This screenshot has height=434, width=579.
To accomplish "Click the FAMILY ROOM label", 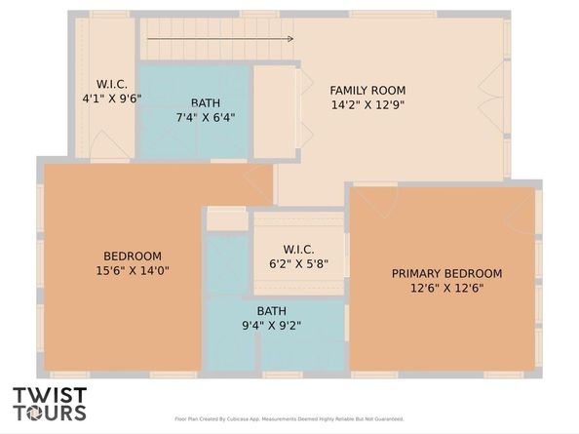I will (x=367, y=90).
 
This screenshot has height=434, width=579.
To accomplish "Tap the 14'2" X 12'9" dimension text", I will (x=367, y=104).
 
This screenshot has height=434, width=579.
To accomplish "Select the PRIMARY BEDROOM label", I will (x=446, y=273).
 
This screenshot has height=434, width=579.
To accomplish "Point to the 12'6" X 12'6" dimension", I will (x=446, y=288).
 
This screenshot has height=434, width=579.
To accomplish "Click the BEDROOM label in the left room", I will (x=133, y=256).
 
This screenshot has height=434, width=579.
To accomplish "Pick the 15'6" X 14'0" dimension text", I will (x=133, y=271).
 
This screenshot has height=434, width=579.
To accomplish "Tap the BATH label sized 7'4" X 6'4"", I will (x=205, y=102).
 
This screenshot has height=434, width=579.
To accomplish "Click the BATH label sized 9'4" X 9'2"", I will (x=271, y=311).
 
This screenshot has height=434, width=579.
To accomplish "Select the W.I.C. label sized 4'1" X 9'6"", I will (x=112, y=84).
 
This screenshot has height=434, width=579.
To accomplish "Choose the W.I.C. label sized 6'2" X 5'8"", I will (x=297, y=249).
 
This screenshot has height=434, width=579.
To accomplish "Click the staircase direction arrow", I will (x=220, y=39).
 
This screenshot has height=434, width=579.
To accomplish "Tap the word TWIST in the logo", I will (x=49, y=396).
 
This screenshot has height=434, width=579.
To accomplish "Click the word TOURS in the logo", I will (x=49, y=414).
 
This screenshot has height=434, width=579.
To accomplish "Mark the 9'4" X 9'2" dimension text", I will (x=271, y=326).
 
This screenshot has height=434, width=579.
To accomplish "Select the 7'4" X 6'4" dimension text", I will (x=205, y=117).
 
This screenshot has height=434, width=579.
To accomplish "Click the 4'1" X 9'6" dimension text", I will (x=112, y=99).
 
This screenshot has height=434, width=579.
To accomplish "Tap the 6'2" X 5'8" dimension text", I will (x=297, y=263).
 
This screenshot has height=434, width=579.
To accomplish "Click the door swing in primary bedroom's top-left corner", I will (x=376, y=201).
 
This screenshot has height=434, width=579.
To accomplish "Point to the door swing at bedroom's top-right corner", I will (x=259, y=180).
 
